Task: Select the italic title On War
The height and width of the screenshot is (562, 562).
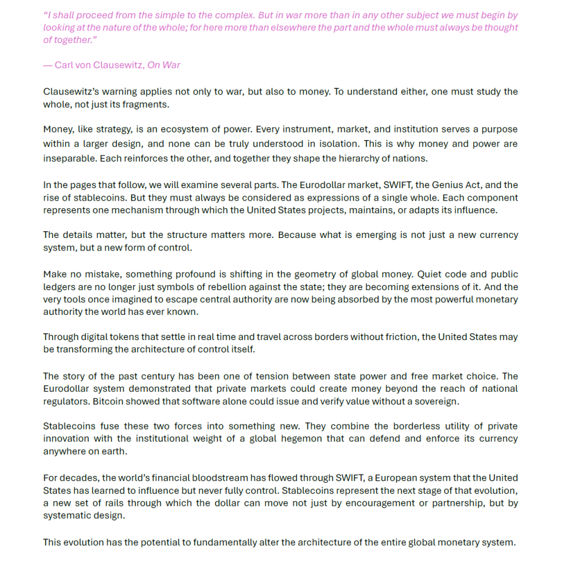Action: click(163, 65)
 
